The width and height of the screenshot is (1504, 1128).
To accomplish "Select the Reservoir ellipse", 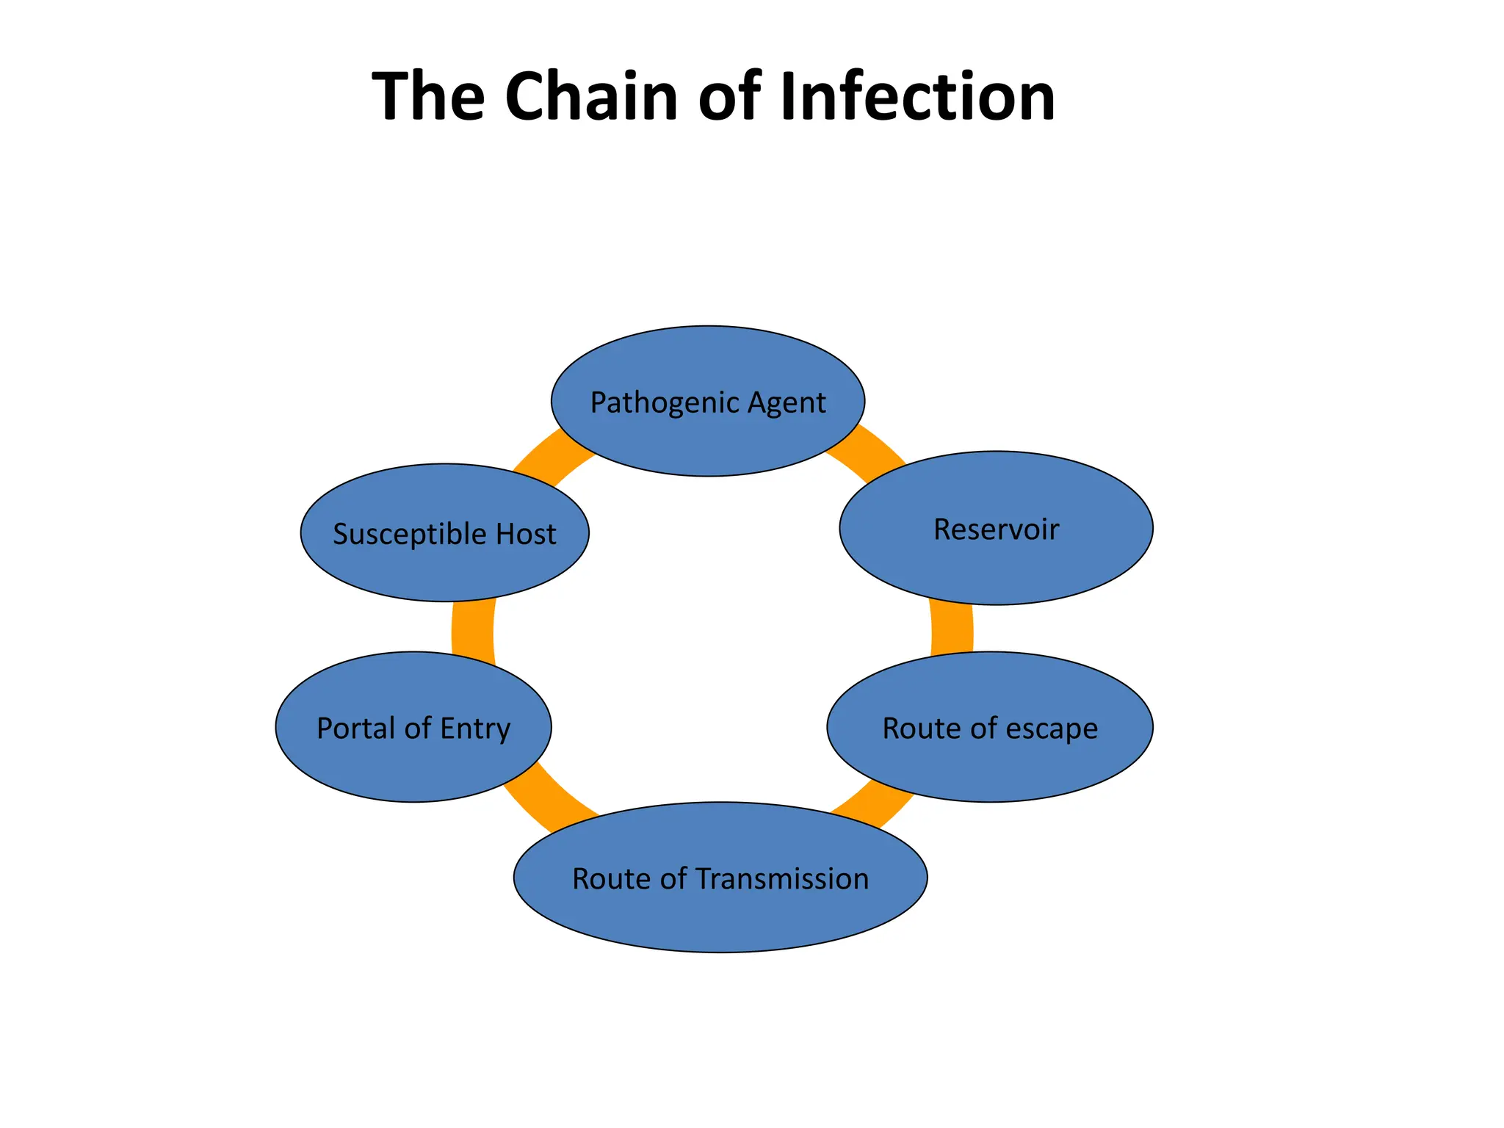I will pyautogui.click(x=996, y=565).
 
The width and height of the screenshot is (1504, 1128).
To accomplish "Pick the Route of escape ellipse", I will pyautogui.click(x=990, y=764).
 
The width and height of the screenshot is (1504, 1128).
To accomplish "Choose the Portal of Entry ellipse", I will pyautogui.click(x=413, y=764).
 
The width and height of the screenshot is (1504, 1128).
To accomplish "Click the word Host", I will pyautogui.click(x=526, y=533).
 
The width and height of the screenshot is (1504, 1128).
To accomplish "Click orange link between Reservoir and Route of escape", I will pyautogui.click(x=952, y=628).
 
